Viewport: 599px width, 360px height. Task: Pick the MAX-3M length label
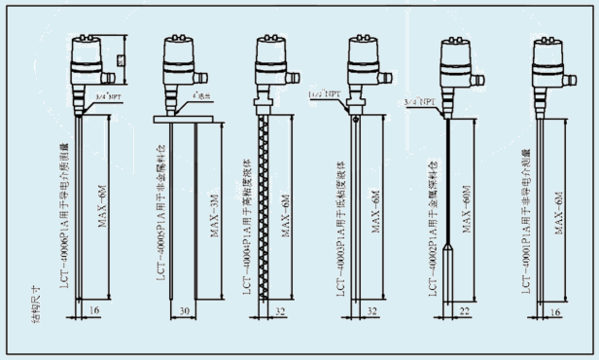click(x=207, y=208)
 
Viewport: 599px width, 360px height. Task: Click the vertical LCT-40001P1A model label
click(x=527, y=214)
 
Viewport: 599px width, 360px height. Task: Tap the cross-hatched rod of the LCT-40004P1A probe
click(x=263, y=214)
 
